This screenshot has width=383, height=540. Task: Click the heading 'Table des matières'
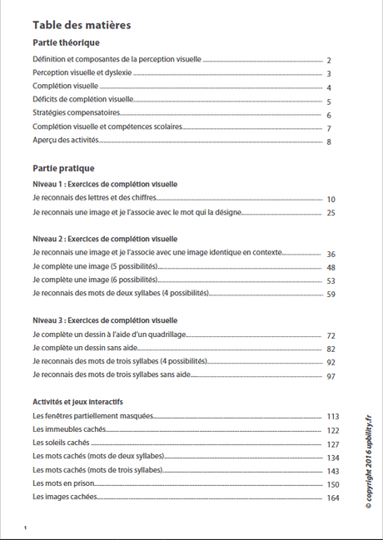click(x=82, y=25)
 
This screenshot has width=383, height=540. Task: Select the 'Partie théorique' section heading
click(x=67, y=42)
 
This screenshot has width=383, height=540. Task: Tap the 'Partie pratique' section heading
click(x=63, y=168)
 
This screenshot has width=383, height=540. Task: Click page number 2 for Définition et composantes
click(x=330, y=61)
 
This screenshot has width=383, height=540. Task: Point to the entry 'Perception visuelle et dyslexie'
click(x=82, y=73)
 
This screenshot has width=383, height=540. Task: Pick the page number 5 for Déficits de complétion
click(x=330, y=102)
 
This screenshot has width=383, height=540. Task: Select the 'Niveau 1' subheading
click(x=105, y=184)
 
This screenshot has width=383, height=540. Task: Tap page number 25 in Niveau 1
click(x=331, y=214)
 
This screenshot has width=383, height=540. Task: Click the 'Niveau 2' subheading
click(x=105, y=238)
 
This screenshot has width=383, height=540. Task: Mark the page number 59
click(x=331, y=295)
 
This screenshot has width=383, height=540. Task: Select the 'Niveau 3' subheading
click(x=105, y=320)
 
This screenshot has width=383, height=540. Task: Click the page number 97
click(x=331, y=376)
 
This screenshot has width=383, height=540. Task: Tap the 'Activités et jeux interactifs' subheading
click(x=89, y=402)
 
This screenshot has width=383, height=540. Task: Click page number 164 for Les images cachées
click(x=332, y=498)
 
